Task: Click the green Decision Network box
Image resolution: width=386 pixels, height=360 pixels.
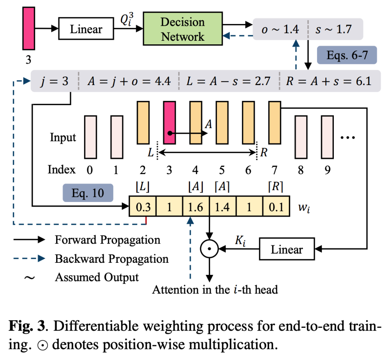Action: (183, 29)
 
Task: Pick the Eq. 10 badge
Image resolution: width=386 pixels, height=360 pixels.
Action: (88, 193)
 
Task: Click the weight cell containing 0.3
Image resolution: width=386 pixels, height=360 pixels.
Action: (143, 207)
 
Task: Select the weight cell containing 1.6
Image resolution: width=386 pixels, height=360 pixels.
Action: (196, 207)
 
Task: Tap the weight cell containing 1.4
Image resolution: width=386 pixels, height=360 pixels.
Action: (222, 207)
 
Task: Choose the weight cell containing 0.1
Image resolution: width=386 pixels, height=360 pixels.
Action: (276, 207)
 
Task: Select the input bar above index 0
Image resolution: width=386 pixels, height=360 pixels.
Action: (90, 137)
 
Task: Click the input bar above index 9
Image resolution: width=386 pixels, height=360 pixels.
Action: (327, 137)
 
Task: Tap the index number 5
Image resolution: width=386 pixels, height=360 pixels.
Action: (222, 169)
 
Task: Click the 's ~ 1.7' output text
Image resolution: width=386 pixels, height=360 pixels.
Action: (334, 29)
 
